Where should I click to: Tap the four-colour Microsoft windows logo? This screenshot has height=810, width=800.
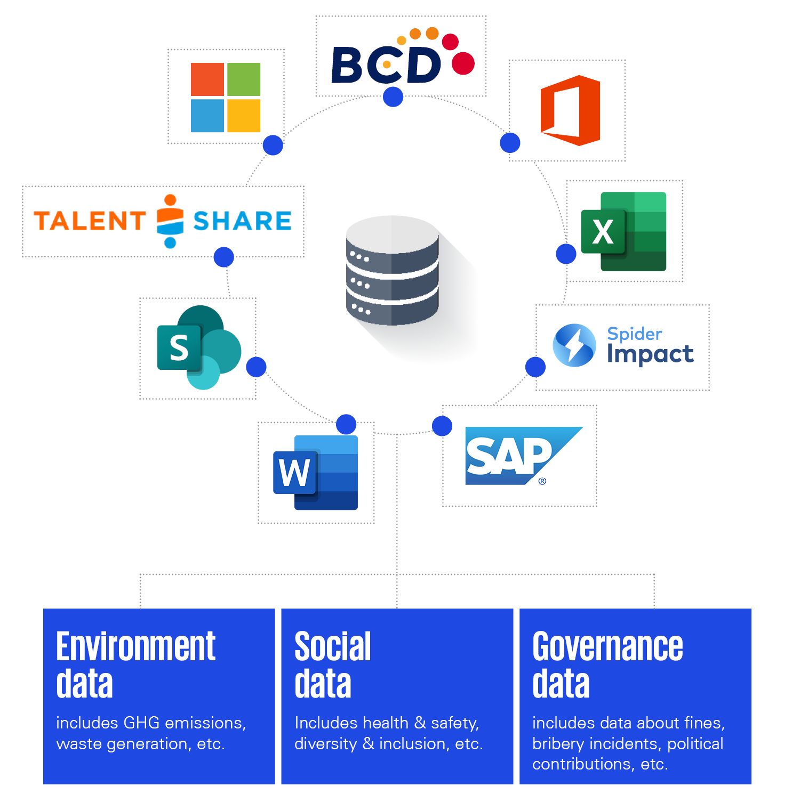pos(226,98)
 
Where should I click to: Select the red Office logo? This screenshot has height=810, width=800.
pos(570,110)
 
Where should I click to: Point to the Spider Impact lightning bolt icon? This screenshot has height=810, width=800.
pos(574,345)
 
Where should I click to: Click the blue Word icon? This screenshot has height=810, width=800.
pos(316,472)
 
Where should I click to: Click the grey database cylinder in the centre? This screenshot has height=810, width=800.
pos(393,271)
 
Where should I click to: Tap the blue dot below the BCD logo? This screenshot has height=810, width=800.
pos(393,97)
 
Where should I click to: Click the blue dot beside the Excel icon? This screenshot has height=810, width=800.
pos(566,254)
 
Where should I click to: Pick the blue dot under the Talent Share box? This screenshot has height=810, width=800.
pos(224,257)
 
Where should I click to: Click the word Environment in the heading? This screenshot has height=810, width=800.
pos(135,647)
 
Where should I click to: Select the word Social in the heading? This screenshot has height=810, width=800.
pos(332,647)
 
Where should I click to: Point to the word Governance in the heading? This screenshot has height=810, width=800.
pos(607,647)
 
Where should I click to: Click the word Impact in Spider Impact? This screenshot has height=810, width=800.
pos(650,354)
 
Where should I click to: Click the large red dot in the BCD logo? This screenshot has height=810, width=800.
pos(463,63)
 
